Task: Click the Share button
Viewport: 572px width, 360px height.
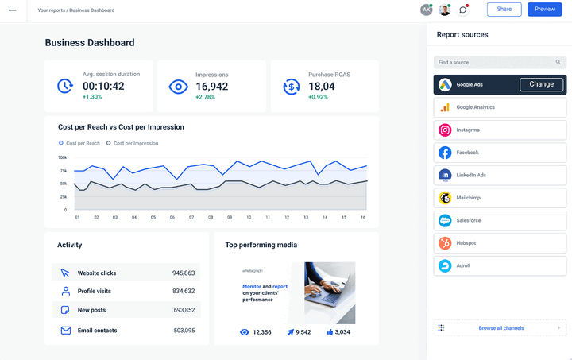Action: [x=504, y=9]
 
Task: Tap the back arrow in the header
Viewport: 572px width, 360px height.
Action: [x=12, y=10]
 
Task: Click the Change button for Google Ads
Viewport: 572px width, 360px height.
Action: [x=541, y=84]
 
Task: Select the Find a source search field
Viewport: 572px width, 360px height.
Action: [x=500, y=62]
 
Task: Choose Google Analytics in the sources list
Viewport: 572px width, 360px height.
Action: [x=500, y=107]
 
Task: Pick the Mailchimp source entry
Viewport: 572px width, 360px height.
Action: [x=500, y=198]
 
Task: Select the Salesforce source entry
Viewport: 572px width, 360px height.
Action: [x=500, y=220]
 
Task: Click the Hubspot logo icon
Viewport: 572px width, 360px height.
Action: [x=445, y=243]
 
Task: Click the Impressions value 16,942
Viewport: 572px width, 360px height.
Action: [x=212, y=87]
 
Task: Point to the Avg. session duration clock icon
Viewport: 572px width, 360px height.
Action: [x=65, y=86]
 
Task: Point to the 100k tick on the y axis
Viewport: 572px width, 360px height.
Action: [x=63, y=157]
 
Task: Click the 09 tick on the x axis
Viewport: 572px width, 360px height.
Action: [x=230, y=217]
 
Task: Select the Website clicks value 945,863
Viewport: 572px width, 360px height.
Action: [x=184, y=273]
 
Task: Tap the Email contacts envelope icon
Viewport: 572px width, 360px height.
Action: [x=65, y=331]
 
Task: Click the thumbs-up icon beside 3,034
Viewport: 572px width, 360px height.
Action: [x=329, y=332]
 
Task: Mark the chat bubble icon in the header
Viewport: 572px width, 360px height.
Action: [x=464, y=10]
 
